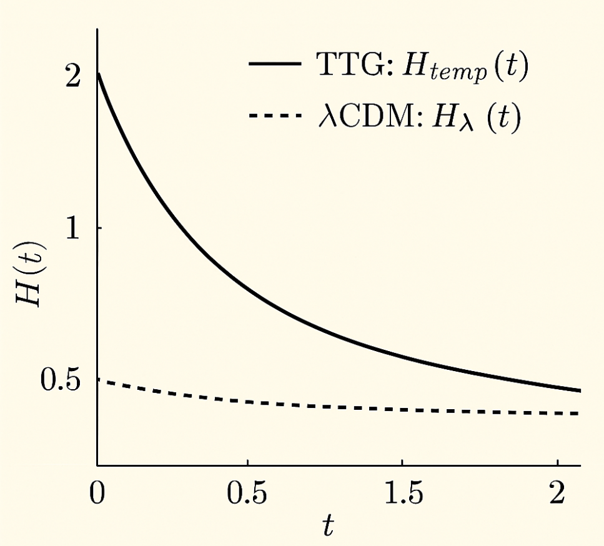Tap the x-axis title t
(327, 527)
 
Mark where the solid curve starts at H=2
(98, 74)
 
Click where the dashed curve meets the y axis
(98, 380)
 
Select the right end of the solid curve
(580, 391)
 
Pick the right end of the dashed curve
(580, 414)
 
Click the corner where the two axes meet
(97, 465)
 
